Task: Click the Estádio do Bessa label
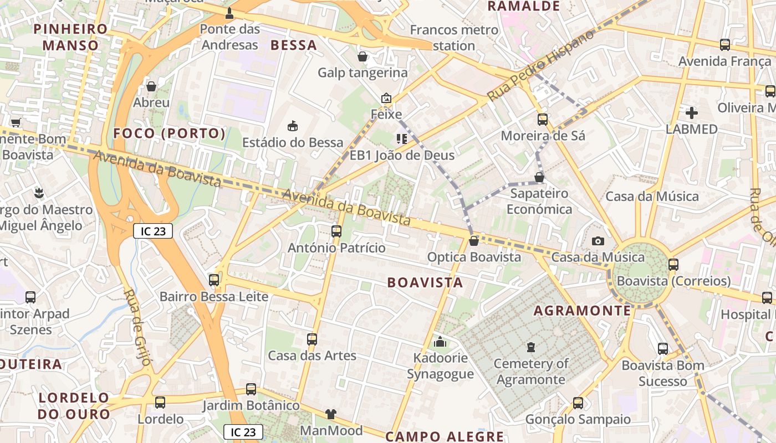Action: (x=293, y=142)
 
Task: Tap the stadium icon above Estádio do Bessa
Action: (x=293, y=127)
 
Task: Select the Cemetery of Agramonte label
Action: (x=531, y=372)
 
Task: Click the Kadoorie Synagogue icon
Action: (x=440, y=342)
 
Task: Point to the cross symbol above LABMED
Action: (x=692, y=114)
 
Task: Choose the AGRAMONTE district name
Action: (x=582, y=311)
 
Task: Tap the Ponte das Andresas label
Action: (x=229, y=37)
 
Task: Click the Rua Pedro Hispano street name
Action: (x=540, y=65)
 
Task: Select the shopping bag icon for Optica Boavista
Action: (x=473, y=241)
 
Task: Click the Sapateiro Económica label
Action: (x=539, y=201)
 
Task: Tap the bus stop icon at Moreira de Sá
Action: (x=543, y=119)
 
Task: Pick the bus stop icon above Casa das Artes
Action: (x=312, y=339)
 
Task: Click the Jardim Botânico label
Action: (x=251, y=405)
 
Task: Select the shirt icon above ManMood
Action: (x=331, y=414)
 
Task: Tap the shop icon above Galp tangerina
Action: (x=363, y=56)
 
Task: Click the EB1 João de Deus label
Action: (x=402, y=155)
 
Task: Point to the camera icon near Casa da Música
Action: (x=598, y=241)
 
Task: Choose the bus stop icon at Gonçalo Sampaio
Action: (x=578, y=403)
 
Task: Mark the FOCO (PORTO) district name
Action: (x=170, y=133)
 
